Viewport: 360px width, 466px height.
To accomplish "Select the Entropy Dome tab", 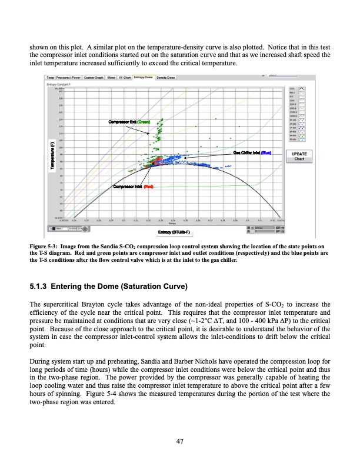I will click(144, 77).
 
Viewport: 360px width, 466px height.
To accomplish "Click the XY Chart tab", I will click(125, 77).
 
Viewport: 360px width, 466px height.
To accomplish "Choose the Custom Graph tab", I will click(94, 77).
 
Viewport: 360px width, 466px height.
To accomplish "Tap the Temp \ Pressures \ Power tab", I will click(63, 77).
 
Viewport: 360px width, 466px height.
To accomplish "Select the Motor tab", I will click(111, 77).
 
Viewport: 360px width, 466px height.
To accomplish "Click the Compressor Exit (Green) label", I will click(129, 122).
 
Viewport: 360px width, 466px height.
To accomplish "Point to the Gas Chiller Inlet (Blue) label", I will click(252, 153).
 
